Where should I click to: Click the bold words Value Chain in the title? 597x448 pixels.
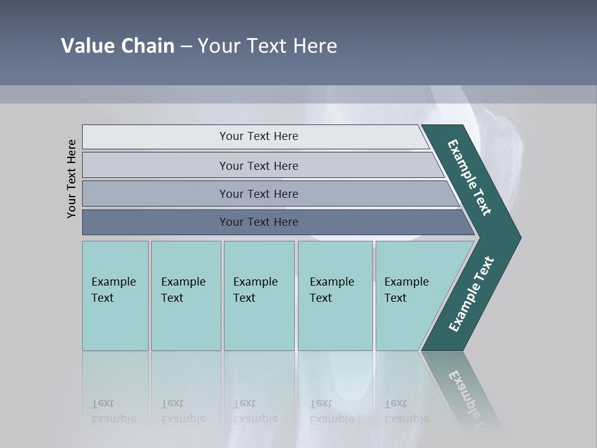pos(118,46)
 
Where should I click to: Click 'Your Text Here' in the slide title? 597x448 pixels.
pos(267,46)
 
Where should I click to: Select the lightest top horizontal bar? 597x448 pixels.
pos(155,137)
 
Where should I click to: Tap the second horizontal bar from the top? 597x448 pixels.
pos(155,166)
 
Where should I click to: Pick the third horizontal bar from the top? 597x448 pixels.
pos(155,194)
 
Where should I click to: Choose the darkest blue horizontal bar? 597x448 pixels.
pos(155,222)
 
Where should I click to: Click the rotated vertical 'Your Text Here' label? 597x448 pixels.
pos(72,179)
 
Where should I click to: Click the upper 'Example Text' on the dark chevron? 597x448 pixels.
pos(470,177)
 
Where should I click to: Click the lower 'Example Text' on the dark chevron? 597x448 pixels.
pos(471,294)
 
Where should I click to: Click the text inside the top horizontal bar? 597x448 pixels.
pos(259,136)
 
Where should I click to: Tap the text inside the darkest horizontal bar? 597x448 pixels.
pos(259,222)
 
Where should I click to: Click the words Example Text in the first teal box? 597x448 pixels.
pos(113,289)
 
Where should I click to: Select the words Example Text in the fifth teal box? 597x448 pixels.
pos(406,289)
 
